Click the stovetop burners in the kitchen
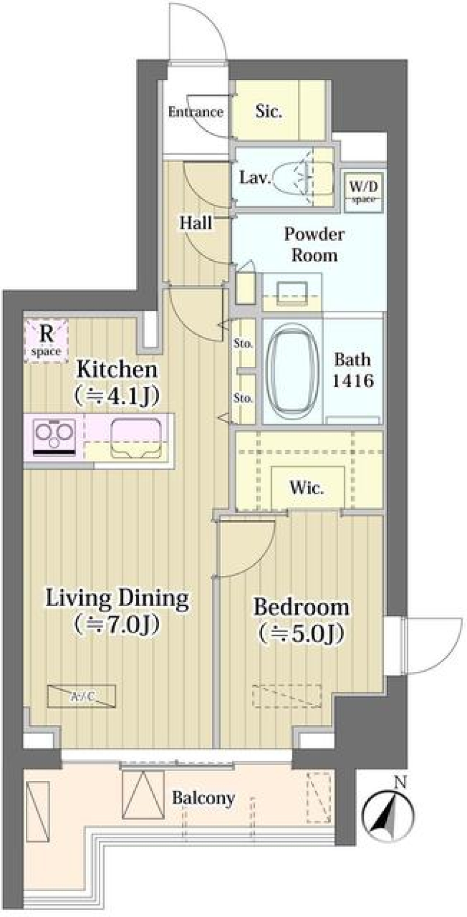tap(54, 436)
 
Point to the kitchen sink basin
tap(136, 438)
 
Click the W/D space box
tap(363, 191)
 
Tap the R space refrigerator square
tap(46, 341)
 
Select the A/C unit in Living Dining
tap(82, 696)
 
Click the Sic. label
tap(269, 111)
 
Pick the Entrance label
tap(196, 112)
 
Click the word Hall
tap(196, 223)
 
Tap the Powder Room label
tap(314, 245)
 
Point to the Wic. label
tap(306, 487)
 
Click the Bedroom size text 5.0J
tap(302, 633)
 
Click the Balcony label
tap(203, 798)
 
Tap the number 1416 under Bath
tap(353, 380)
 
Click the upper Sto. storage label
tap(243, 343)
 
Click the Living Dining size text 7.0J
tap(117, 624)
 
